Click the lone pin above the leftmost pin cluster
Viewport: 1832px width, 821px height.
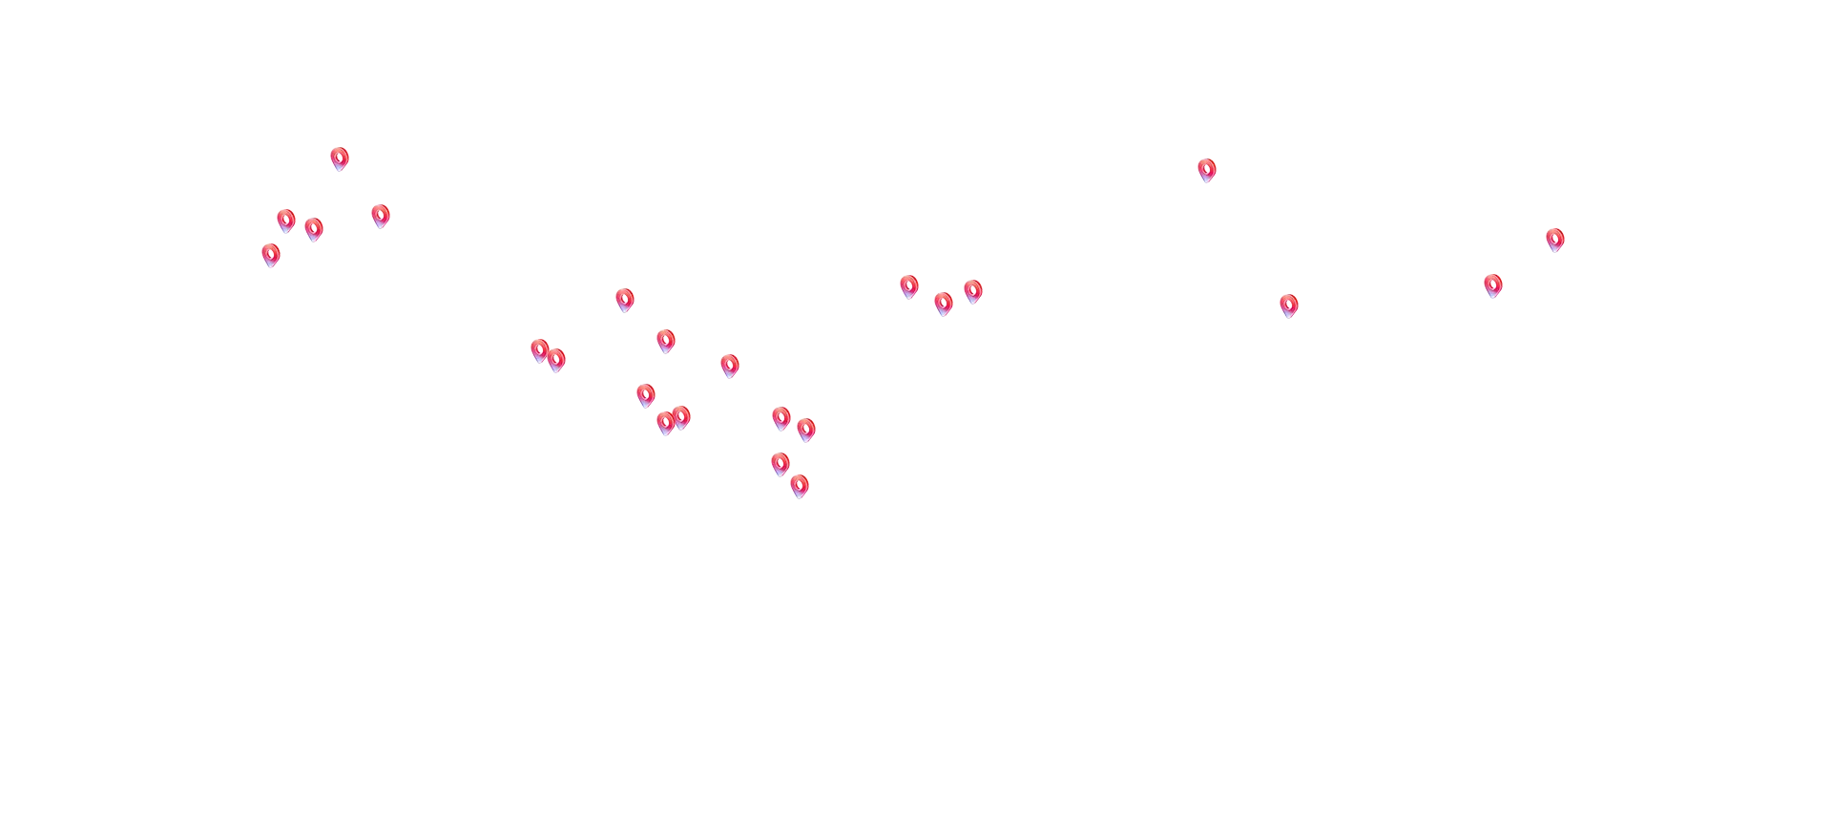(x=340, y=158)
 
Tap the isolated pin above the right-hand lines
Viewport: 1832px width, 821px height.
(x=1207, y=169)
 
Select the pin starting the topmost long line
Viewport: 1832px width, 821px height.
(x=381, y=214)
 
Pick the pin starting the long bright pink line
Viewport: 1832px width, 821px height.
(x=314, y=228)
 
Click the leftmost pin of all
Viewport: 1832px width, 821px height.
(x=271, y=255)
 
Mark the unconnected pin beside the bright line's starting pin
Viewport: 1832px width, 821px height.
(x=285, y=220)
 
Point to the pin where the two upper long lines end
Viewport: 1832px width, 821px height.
(x=1554, y=239)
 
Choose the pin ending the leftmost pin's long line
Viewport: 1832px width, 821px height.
(x=1492, y=284)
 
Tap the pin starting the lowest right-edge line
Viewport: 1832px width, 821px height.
(x=1288, y=305)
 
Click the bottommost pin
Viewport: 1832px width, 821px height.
(x=800, y=487)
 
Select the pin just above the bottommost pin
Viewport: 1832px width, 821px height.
(x=781, y=464)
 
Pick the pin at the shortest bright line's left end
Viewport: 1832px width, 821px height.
(x=667, y=341)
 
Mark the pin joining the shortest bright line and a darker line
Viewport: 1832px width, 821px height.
(x=729, y=365)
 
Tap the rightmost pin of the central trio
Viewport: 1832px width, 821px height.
(x=972, y=289)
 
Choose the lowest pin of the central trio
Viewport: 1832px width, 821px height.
(x=944, y=304)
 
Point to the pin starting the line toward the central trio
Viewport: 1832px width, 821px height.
(x=625, y=298)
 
